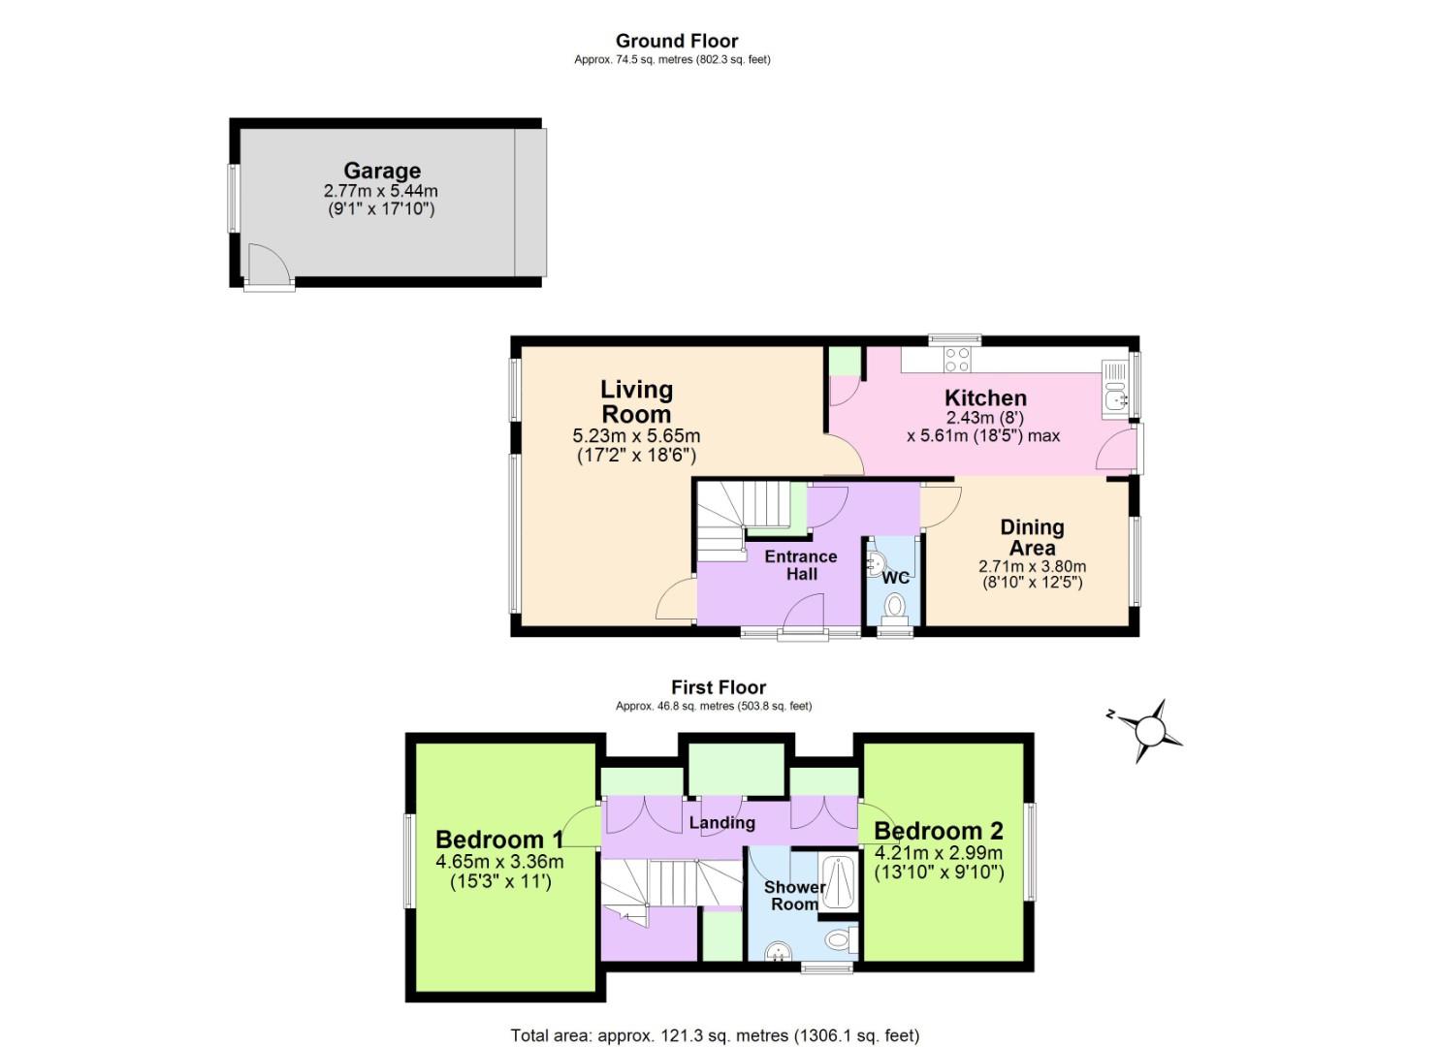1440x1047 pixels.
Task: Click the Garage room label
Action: [x=381, y=172]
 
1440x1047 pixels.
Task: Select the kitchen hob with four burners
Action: [x=957, y=359]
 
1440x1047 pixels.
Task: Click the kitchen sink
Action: [x=1115, y=388]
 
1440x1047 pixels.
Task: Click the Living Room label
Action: [x=636, y=401]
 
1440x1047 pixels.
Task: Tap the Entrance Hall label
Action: [x=800, y=565]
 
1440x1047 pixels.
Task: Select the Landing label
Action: [x=721, y=823]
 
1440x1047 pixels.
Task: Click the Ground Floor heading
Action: [x=676, y=41]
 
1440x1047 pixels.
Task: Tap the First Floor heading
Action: [x=718, y=687]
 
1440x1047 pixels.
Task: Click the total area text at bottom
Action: [x=715, y=1035]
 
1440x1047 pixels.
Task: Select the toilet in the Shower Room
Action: [x=839, y=939]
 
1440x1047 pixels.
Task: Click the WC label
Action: [x=895, y=578]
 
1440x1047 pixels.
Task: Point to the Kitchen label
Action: [x=985, y=398]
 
